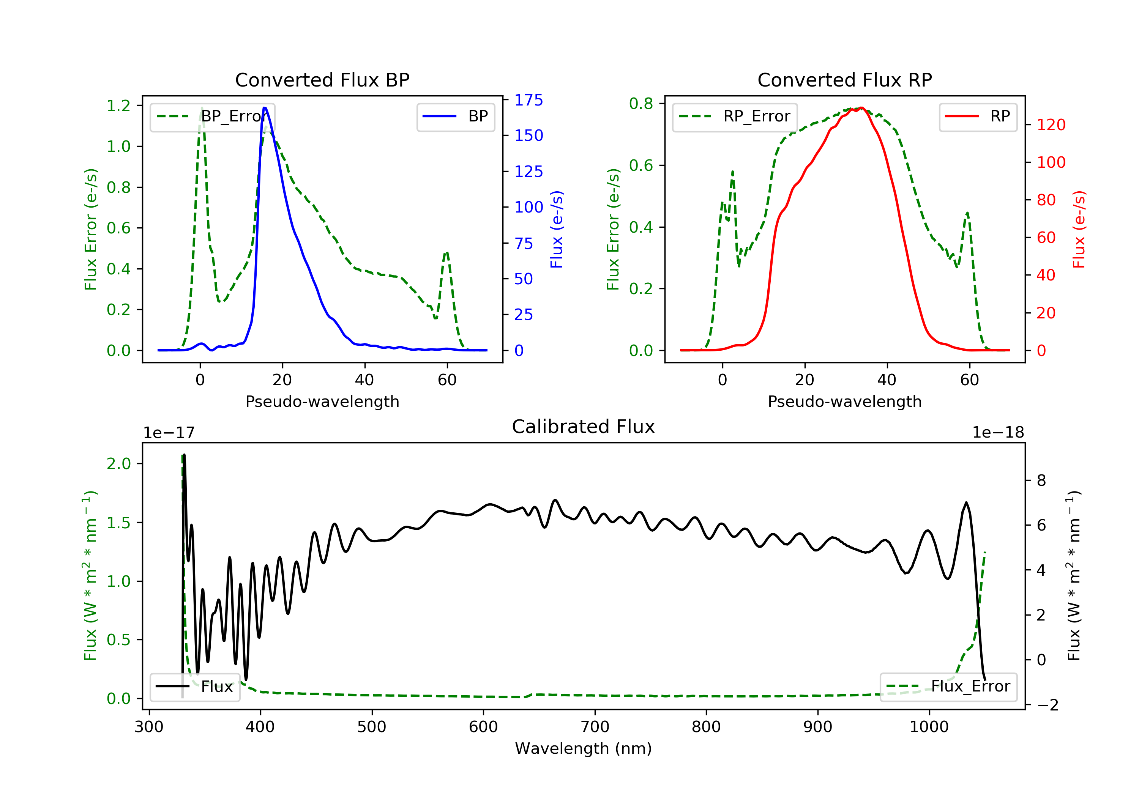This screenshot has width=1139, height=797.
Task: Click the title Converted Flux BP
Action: pyautogui.click(x=322, y=80)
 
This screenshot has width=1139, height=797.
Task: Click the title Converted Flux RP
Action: pyautogui.click(x=845, y=80)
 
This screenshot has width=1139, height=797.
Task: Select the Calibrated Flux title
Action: pyautogui.click(x=584, y=427)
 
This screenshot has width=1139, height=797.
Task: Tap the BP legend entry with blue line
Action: pyautogui.click(x=455, y=117)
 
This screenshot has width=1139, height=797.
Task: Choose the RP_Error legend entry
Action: pyautogui.click(x=734, y=117)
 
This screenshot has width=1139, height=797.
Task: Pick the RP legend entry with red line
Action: pyautogui.click(x=978, y=117)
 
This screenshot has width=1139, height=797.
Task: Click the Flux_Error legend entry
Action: pyautogui.click(x=948, y=687)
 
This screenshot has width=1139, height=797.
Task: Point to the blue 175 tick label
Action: pyautogui.click(x=529, y=100)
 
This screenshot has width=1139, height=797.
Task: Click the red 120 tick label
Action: pyautogui.click(x=1051, y=124)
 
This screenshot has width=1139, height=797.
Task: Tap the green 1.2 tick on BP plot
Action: pyautogui.click(x=118, y=106)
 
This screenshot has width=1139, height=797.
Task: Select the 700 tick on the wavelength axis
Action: pyautogui.click(x=595, y=727)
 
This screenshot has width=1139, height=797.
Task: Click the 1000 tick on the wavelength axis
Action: pyautogui.click(x=929, y=727)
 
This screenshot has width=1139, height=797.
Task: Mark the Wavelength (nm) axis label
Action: pyautogui.click(x=584, y=748)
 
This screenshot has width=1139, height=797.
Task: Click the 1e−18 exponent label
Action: pyautogui.click(x=998, y=433)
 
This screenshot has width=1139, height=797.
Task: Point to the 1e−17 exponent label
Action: pyautogui.click(x=169, y=433)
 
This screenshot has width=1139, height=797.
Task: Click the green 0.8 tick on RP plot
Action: pyautogui.click(x=641, y=104)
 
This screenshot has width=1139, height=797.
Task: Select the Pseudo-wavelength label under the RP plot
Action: pyautogui.click(x=845, y=401)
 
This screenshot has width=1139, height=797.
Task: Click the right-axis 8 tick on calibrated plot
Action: pyautogui.click(x=1041, y=480)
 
